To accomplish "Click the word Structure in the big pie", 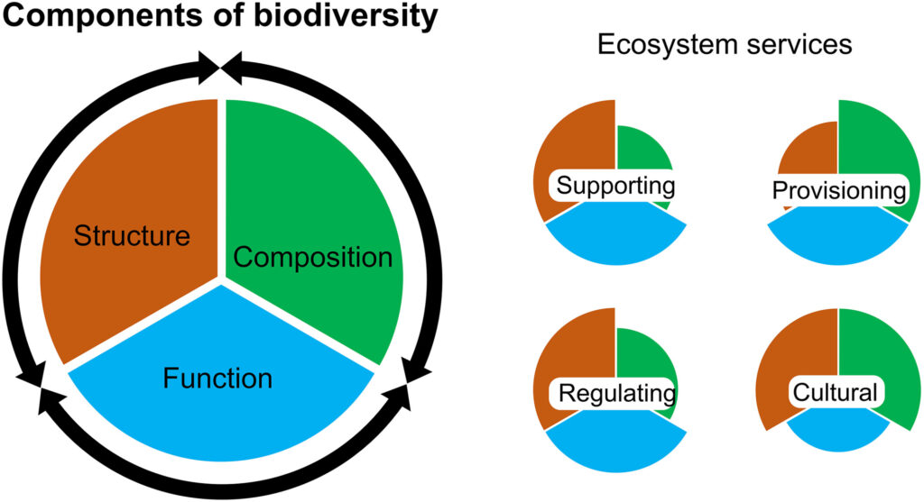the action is pyautogui.click(x=132, y=235).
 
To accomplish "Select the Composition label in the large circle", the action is pyautogui.click(x=313, y=257).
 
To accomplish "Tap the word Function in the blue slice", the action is pyautogui.click(x=217, y=378).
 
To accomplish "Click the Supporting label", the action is pyautogui.click(x=615, y=186).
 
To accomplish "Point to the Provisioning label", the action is pyautogui.click(x=839, y=190).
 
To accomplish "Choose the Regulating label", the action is pyautogui.click(x=617, y=393).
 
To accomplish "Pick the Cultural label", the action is pyautogui.click(x=836, y=392).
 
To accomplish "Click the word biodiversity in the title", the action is pyautogui.click(x=346, y=16).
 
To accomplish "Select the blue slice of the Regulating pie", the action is pyautogui.click(x=615, y=442).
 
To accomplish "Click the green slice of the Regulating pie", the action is pyautogui.click(x=642, y=356).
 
